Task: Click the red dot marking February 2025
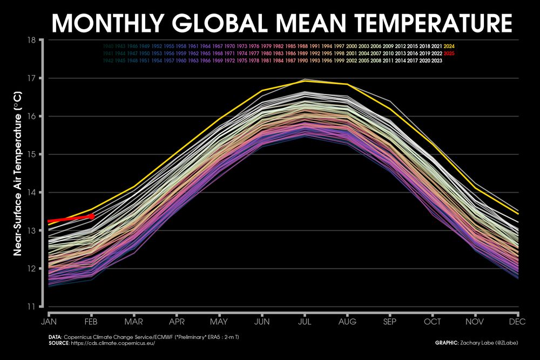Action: tap(91, 216)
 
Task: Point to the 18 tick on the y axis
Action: tap(31, 40)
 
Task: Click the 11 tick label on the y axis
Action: tap(31, 307)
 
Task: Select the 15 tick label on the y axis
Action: tap(31, 154)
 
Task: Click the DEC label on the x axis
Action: tap(518, 322)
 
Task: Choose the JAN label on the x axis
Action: tap(49, 322)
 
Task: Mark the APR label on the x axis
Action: tap(177, 322)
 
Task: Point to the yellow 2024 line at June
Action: tap(262, 90)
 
